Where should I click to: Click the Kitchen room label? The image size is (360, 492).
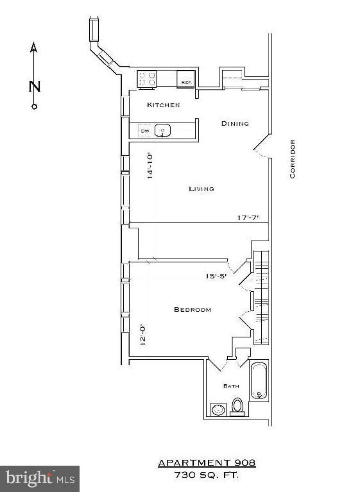[163, 105]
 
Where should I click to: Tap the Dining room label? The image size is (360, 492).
[235, 124]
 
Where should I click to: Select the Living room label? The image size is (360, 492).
[201, 189]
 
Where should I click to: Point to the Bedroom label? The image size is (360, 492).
[193, 310]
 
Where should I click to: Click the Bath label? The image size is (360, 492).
[231, 386]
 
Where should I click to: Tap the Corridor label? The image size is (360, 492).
[292, 158]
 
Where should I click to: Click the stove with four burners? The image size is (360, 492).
[148, 79]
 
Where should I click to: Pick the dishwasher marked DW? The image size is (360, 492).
[145, 131]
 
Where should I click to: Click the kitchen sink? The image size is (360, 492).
[163, 131]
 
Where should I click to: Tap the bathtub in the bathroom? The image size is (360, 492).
[259, 381]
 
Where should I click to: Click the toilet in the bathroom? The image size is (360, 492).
[237, 406]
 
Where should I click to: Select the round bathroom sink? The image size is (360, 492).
[218, 409]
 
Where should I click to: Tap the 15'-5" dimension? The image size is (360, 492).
[216, 276]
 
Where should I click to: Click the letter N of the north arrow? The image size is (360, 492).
[35, 87]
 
